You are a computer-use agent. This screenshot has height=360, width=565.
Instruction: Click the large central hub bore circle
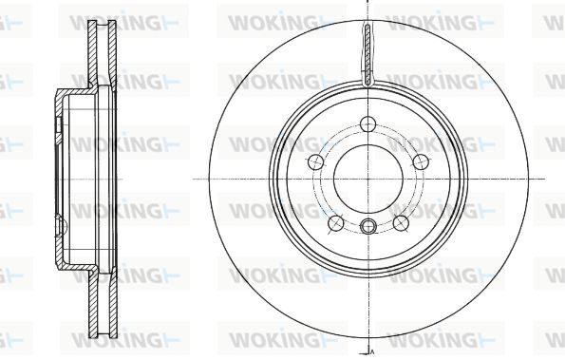point(333,179)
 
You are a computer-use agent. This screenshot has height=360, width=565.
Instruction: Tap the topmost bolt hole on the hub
point(367,124)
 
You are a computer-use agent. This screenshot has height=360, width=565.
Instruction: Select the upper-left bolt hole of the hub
point(316,161)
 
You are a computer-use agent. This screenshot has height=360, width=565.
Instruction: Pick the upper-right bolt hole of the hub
point(420,161)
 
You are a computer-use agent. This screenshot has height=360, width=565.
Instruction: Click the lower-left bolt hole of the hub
point(336,223)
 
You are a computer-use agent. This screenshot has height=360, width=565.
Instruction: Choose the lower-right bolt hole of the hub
point(400,223)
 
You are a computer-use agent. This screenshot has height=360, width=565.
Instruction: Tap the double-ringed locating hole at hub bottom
point(367,226)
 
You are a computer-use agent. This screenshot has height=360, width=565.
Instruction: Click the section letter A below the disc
point(372,351)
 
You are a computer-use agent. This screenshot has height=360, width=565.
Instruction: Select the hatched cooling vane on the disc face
point(367,56)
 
